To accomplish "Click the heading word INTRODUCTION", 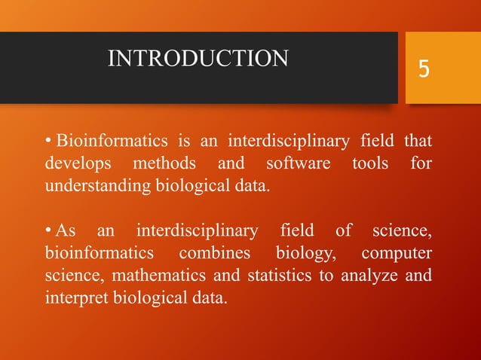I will (x=198, y=58).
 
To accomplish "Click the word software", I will (x=293, y=163).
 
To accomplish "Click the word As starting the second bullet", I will (x=66, y=230).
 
